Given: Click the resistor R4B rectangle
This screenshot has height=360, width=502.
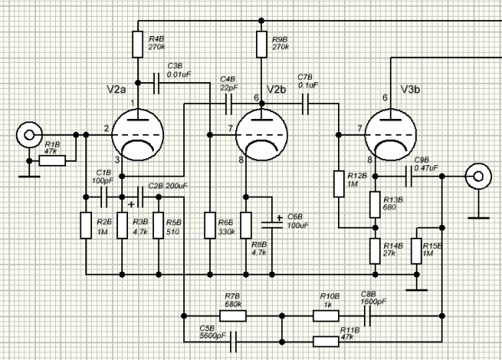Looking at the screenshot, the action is (x=138, y=44).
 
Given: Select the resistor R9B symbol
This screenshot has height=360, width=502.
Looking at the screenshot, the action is (x=262, y=44).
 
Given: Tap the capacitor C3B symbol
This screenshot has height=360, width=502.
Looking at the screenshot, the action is (x=156, y=83).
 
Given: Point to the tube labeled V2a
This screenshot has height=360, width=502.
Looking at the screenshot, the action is (x=138, y=135).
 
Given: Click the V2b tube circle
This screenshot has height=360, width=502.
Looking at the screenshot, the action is (x=262, y=135).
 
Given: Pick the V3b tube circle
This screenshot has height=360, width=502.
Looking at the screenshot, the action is (x=391, y=135).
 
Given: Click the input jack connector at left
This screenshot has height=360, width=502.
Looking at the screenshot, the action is (x=29, y=135).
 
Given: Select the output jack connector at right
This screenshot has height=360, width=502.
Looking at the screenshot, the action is (x=479, y=176).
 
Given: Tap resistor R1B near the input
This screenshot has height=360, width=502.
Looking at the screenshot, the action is (x=52, y=161).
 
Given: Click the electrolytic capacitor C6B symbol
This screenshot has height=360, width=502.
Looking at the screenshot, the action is (x=272, y=225).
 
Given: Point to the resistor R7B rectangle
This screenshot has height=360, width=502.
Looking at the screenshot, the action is (x=233, y=316).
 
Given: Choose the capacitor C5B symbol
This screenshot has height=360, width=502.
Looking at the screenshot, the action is (x=233, y=342).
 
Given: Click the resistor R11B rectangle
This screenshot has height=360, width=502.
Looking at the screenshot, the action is (x=325, y=342).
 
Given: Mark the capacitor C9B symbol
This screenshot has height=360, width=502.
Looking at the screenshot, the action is (x=408, y=176).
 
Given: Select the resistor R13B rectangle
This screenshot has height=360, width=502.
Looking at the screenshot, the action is (x=375, y=204).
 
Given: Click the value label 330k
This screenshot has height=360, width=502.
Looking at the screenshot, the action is (x=227, y=232).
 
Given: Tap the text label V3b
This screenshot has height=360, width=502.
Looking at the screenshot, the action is (x=411, y=90).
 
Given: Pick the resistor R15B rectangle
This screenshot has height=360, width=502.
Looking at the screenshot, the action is (x=416, y=251).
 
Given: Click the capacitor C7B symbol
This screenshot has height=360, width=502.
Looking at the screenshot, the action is (x=305, y=104).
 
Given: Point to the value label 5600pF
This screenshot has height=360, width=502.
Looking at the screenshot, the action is (x=213, y=336).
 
